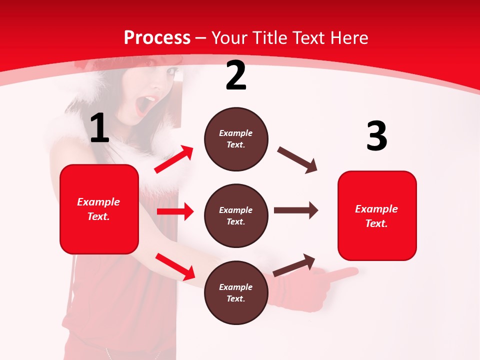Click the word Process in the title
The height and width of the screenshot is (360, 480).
point(157,38)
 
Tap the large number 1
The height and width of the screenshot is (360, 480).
point(99,128)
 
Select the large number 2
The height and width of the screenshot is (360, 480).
point(236,76)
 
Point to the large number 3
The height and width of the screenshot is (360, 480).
point(376,136)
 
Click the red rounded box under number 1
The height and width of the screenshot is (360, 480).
point(99,209)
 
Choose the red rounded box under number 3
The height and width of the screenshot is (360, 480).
point(377,215)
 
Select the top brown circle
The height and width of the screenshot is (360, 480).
point(236,139)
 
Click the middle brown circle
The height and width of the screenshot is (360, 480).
point(236,215)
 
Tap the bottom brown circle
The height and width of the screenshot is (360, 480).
point(236,292)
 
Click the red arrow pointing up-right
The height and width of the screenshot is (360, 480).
point(174,159)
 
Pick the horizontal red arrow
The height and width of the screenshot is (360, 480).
point(175,211)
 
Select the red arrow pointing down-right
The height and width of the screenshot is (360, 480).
point(175,266)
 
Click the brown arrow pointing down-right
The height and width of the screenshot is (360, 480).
point(297,160)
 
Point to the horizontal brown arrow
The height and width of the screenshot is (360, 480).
point(295,210)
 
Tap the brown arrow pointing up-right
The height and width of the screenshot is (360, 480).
point(294,265)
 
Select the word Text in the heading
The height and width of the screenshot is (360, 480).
point(308,38)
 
